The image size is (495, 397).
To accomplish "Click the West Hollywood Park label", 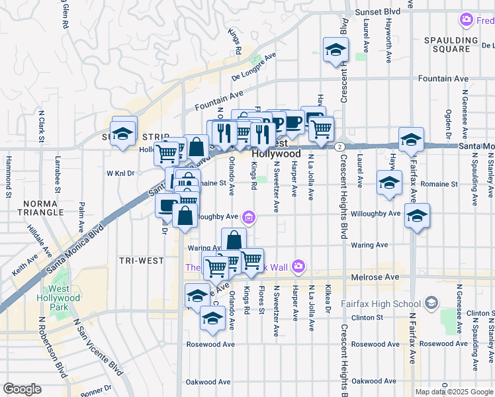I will point(64,298).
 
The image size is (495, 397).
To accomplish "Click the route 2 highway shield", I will point(339,146).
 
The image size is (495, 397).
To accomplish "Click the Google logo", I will point(22,389).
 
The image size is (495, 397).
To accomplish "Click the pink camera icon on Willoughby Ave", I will point(248,216).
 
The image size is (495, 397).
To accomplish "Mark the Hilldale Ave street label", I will point(37,242).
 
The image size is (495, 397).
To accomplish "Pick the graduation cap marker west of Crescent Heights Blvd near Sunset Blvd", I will point(336,50).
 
